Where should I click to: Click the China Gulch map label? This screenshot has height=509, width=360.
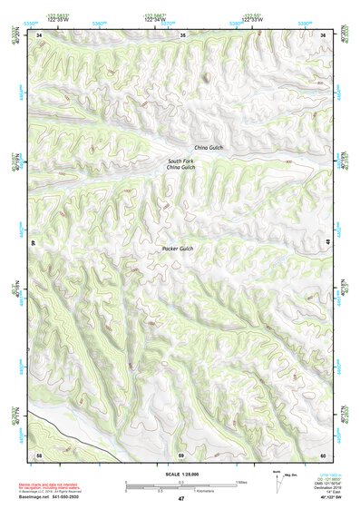point(208,147)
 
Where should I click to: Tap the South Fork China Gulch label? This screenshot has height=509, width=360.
point(180,164)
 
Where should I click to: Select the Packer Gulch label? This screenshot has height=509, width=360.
point(178,249)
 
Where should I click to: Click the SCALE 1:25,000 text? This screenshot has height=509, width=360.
point(180,475)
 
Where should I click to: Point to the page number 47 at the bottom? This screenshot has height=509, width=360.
point(180,499)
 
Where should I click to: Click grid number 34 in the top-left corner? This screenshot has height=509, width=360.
point(39,34)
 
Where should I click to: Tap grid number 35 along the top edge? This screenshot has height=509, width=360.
point(182,34)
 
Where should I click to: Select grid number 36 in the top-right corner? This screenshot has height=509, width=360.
point(323,34)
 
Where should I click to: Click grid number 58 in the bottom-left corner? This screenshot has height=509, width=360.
point(39,454)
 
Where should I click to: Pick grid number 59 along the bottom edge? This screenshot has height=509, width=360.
point(180,454)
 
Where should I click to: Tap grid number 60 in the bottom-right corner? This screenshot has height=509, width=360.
point(323,454)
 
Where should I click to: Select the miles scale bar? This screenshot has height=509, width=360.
point(181,483)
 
